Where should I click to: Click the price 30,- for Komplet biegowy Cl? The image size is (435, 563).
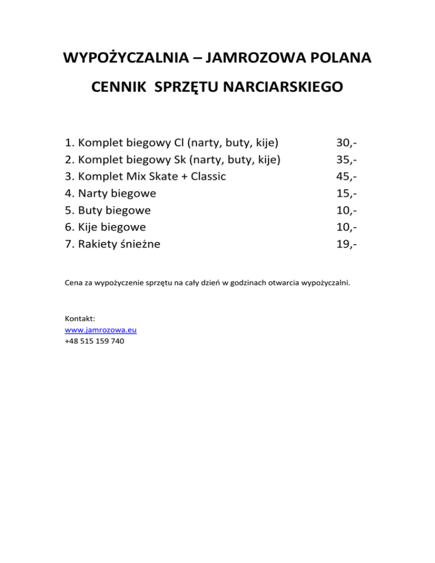pyautogui.click(x=347, y=142)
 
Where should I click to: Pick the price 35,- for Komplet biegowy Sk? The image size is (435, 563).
pyautogui.click(x=347, y=159)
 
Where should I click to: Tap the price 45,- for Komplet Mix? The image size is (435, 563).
pyautogui.click(x=347, y=176)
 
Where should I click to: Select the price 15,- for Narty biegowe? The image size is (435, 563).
pyautogui.click(x=347, y=193)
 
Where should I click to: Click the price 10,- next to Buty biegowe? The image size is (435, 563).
pyautogui.click(x=347, y=210)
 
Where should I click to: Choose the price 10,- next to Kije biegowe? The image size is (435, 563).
pyautogui.click(x=347, y=227)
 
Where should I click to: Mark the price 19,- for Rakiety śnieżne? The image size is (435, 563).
pyautogui.click(x=347, y=244)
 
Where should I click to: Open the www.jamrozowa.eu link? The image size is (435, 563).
pyautogui.click(x=101, y=329)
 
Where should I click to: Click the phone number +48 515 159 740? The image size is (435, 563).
pyautogui.click(x=95, y=341)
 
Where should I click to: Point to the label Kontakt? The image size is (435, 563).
pyautogui.click(x=80, y=318)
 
